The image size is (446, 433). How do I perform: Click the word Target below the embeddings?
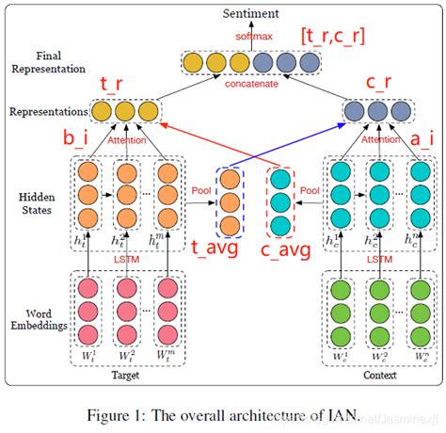tap(126, 374)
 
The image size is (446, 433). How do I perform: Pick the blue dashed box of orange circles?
tap(230, 202)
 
